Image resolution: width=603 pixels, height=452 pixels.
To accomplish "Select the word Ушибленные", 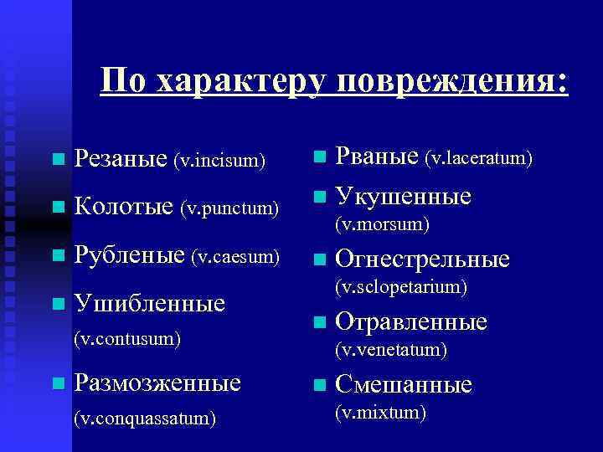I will (149, 302).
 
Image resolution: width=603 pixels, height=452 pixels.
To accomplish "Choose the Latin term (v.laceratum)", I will (479, 157).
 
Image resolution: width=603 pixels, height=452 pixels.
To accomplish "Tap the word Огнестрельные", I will (422, 259).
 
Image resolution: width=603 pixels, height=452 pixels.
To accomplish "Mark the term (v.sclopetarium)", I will (400, 287).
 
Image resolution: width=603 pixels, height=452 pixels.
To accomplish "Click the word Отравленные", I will (411, 322).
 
